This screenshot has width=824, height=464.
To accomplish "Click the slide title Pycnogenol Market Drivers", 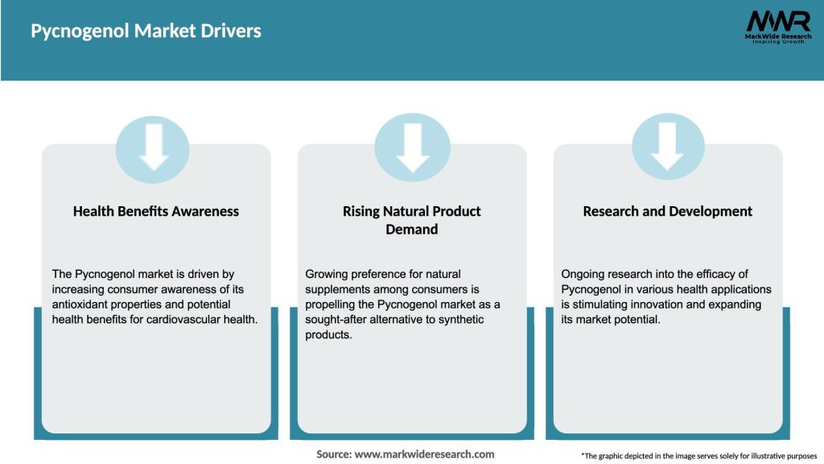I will (146, 31).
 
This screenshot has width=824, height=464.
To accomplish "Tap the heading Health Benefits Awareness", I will (156, 211).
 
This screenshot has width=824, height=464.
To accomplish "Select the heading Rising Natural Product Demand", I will (412, 220).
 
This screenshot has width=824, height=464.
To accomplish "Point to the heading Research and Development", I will (668, 211).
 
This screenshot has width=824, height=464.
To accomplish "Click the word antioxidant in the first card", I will (84, 304).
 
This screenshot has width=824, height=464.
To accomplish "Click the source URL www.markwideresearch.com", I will (425, 454).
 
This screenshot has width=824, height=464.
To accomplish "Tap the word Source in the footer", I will (334, 454).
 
